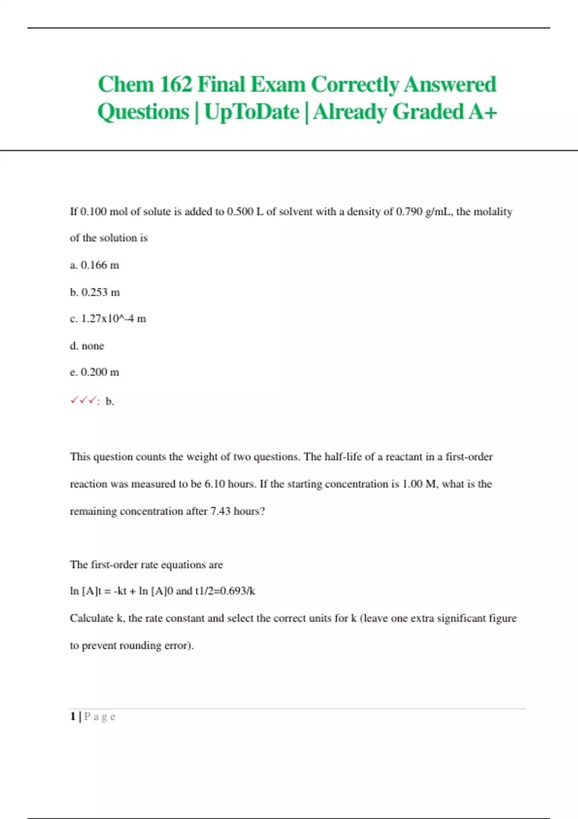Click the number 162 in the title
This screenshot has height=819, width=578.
(175, 84)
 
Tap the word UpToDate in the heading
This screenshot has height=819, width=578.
(251, 112)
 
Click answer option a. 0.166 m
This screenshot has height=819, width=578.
(94, 265)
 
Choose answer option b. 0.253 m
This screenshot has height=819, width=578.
(95, 292)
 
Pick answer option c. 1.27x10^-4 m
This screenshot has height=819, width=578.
(108, 318)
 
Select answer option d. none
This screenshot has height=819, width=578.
(87, 346)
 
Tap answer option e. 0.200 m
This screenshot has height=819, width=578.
(94, 372)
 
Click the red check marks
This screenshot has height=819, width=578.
(84, 401)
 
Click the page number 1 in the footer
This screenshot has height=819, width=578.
(73, 716)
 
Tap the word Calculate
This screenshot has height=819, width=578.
(92, 618)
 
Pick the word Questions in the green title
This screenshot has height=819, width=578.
(143, 112)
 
